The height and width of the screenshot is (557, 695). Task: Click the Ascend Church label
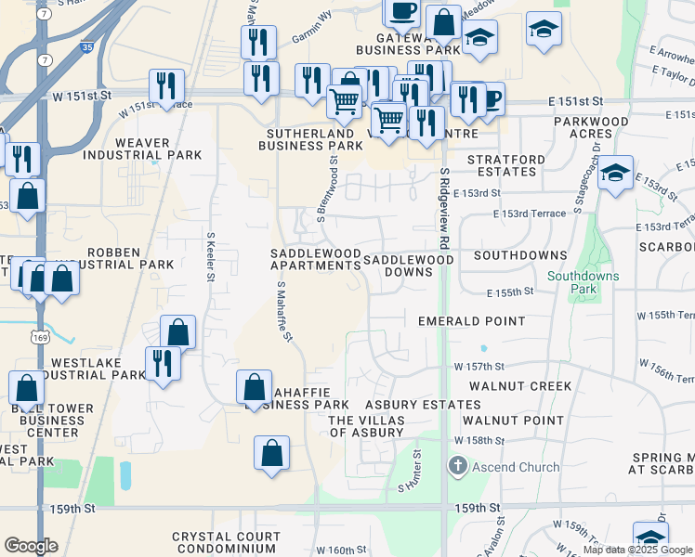(x=515, y=467)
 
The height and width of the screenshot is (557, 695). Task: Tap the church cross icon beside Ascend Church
(x=456, y=466)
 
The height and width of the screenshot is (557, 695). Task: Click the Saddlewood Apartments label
(x=314, y=259)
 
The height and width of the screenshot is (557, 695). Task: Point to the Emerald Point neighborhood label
(x=471, y=321)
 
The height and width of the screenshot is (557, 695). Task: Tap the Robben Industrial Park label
(x=130, y=258)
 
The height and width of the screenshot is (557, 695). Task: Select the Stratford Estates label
(x=505, y=165)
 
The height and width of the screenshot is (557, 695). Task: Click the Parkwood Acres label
(x=591, y=127)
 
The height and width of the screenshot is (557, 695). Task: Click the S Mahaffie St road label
(x=282, y=310)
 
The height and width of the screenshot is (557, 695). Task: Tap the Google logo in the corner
(x=31, y=546)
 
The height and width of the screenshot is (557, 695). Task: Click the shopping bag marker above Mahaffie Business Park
(x=253, y=385)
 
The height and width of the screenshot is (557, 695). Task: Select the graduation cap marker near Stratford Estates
(x=615, y=173)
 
